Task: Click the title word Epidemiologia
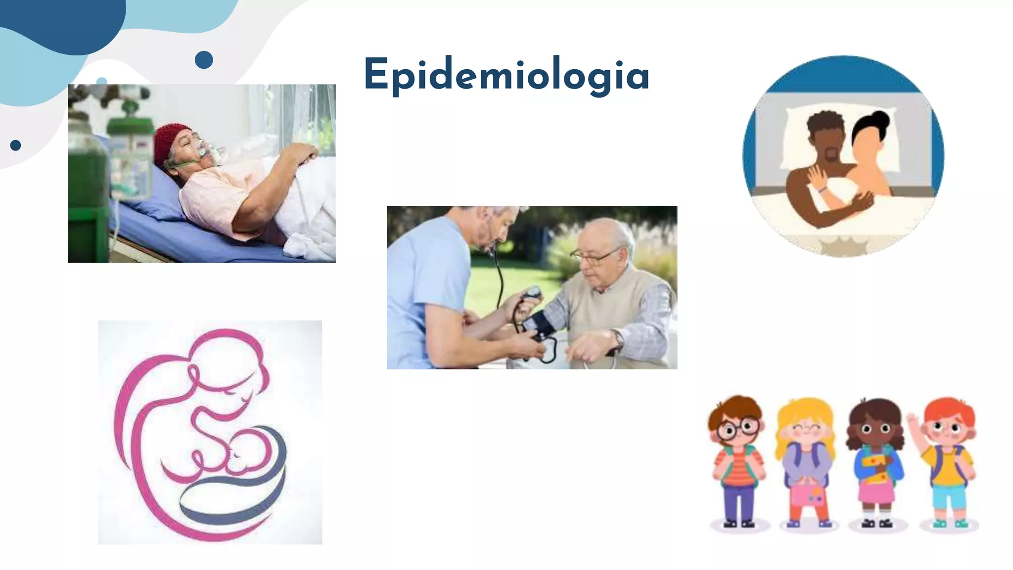click(506, 75)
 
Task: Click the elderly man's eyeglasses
click(594, 256)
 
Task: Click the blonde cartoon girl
click(805, 460)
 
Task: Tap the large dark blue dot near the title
click(204, 60)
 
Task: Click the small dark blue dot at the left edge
click(15, 145)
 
